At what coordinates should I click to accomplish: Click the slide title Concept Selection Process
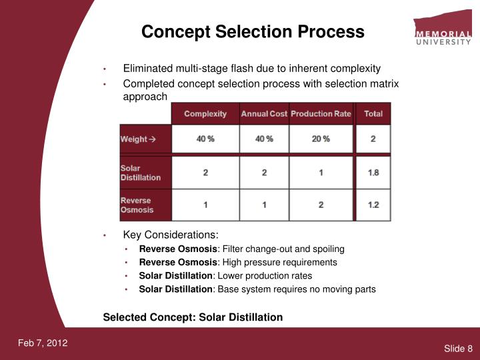pos(253,31)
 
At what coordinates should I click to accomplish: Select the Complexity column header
pos(205,114)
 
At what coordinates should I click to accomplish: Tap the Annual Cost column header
pos(264,114)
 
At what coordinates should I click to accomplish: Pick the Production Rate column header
pos(321,114)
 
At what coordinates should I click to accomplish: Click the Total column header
pos(373,114)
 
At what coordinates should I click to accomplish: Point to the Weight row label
pos(137,139)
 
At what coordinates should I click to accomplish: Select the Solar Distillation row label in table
pos(141,173)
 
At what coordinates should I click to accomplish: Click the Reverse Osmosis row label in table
pos(137,205)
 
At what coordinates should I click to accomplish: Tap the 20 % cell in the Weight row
pos(321,139)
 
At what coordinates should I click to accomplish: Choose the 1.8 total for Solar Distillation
pos(373,173)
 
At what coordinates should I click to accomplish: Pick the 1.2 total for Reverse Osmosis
pos(373,205)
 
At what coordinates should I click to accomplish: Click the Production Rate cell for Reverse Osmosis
pos(321,205)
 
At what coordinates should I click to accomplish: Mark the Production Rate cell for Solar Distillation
pos(321,173)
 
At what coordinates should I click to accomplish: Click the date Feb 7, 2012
pos(43,343)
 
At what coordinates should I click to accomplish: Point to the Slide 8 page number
pos(458,349)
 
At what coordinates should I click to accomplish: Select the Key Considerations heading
pos(171,235)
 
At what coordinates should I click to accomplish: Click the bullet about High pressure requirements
pos(238,263)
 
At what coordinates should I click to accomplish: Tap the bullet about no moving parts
pos(257,289)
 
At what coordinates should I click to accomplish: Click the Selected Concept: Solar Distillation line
pos(193,317)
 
